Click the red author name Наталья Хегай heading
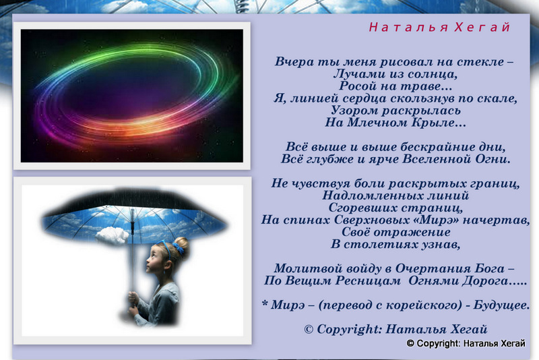(x=439, y=27)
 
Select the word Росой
(x=356, y=86)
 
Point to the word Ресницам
(x=368, y=280)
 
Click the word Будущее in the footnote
(x=501, y=305)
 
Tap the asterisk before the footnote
(x=265, y=303)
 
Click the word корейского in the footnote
(x=425, y=305)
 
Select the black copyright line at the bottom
(x=466, y=343)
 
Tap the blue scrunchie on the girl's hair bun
(x=179, y=249)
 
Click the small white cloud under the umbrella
(x=112, y=235)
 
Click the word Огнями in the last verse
(x=433, y=280)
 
